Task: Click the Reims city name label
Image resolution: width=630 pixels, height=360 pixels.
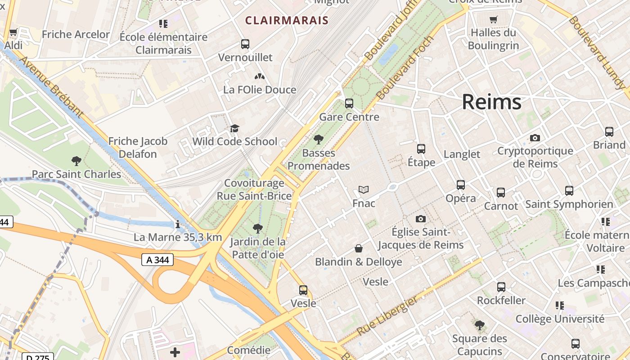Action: [491, 102]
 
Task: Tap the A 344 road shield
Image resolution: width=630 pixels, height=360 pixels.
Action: [157, 260]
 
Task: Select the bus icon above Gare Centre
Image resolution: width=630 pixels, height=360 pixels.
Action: [349, 103]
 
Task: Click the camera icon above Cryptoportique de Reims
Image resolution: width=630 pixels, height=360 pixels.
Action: [535, 138]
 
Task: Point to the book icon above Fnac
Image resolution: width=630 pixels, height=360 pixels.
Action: [363, 190]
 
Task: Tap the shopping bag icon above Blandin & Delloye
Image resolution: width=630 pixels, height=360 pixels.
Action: [359, 248]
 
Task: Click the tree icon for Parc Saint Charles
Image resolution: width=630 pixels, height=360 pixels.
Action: [76, 161]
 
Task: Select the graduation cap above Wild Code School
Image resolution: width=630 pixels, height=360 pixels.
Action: [234, 129]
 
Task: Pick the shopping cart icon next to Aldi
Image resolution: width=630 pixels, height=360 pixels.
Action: [13, 32]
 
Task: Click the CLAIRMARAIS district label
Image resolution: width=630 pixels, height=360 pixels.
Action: [287, 20]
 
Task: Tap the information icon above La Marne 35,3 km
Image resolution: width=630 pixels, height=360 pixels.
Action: [178, 224]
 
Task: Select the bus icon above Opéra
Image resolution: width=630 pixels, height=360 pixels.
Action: [460, 185]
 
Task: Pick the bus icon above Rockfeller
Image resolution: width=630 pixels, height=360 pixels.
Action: [501, 287]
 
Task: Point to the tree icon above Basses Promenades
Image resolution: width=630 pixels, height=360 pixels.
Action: [319, 139]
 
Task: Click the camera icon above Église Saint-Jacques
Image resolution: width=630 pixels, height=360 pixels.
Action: [420, 219]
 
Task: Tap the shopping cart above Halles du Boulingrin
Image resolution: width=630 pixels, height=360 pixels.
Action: [493, 19]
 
